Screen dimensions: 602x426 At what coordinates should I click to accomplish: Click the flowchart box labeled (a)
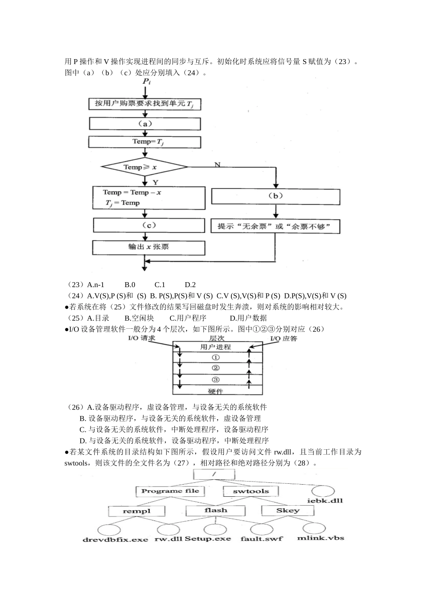[144, 124]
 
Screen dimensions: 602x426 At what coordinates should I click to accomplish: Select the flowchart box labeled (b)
[275, 196]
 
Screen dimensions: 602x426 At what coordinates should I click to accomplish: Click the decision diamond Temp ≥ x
[144, 168]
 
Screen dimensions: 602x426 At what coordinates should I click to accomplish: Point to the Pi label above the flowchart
[146, 82]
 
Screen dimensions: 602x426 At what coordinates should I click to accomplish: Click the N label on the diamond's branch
[217, 164]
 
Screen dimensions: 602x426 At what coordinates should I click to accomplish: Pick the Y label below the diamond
[155, 182]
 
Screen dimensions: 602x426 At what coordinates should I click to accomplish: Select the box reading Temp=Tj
[144, 142]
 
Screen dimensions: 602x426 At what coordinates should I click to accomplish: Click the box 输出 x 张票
[148, 247]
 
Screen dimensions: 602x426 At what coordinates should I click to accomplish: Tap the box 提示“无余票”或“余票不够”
[275, 226]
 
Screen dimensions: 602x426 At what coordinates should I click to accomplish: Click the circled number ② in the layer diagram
[215, 368]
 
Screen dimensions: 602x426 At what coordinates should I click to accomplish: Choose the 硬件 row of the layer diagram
[215, 391]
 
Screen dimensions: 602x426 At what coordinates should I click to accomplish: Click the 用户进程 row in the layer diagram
[215, 347]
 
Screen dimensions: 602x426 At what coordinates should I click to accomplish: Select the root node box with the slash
[214, 474]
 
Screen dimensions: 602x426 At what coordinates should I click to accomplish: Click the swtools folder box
[250, 491]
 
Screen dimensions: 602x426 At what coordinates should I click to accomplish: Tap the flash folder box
[216, 510]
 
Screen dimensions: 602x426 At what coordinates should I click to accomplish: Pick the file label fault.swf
[261, 538]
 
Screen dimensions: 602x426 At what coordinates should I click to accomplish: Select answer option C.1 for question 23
[160, 284]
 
